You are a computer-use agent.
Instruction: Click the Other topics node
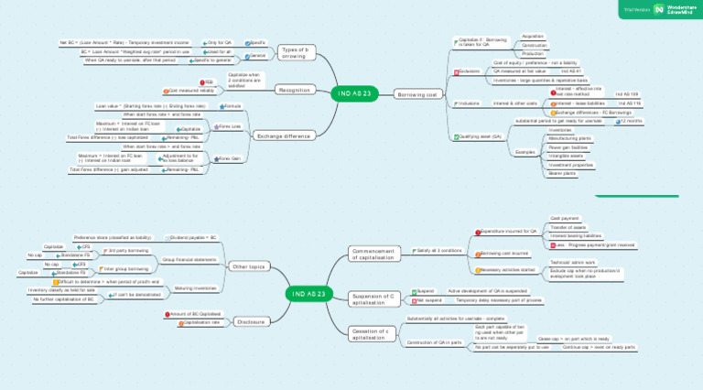[250, 266]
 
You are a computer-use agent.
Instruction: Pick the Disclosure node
[251, 322]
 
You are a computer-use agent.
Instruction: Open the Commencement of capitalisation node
[373, 254]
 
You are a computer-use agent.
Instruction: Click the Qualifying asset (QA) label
[483, 136]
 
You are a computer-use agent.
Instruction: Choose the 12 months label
[632, 121]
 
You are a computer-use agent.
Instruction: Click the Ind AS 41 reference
[570, 70]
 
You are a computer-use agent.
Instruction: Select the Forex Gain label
[229, 158]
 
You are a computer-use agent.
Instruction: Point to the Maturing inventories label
[195, 287]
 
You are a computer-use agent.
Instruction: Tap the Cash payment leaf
[564, 219]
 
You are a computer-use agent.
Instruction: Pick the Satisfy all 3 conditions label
[443, 250]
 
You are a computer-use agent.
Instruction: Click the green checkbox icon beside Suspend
[415, 291]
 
